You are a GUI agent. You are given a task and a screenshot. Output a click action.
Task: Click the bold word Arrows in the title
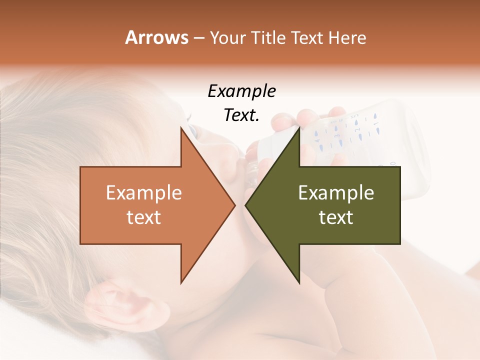tap(156, 37)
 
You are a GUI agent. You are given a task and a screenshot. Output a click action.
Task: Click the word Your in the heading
tap(228, 37)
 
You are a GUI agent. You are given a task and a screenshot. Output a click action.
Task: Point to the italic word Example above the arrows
tap(241, 91)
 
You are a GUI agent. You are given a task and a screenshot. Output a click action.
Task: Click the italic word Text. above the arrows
tap(241, 115)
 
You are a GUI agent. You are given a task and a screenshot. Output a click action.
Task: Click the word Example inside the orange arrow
tap(143, 193)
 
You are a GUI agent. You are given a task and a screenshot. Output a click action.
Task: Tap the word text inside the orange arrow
tap(143, 217)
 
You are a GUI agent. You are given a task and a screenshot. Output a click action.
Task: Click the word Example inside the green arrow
tap(336, 193)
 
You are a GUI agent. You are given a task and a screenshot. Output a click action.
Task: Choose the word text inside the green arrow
tap(336, 217)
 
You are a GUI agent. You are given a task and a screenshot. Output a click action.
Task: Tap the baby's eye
tap(192, 131)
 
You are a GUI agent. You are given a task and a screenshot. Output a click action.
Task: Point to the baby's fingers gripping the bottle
tap(310, 117)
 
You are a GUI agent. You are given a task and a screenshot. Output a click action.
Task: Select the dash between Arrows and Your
tap(198, 38)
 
